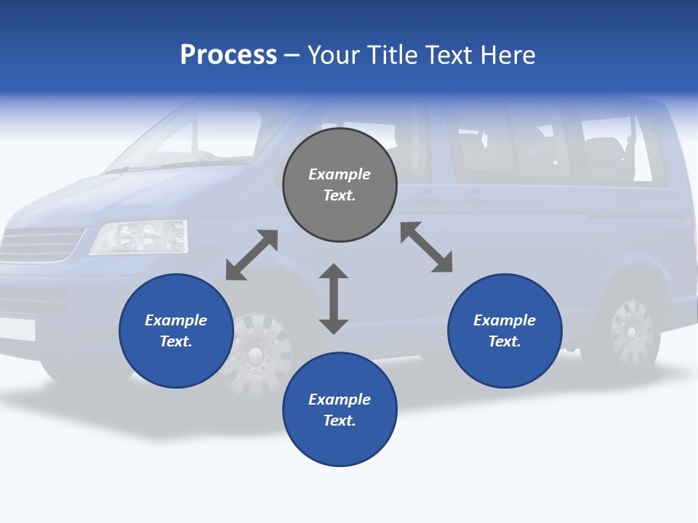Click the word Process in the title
(x=228, y=55)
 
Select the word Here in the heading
(x=509, y=55)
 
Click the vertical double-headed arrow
(x=334, y=299)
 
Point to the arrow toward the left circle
(x=252, y=255)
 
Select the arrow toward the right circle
(x=426, y=247)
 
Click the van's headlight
(x=138, y=237)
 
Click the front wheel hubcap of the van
(x=254, y=354)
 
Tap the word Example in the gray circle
(x=340, y=174)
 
